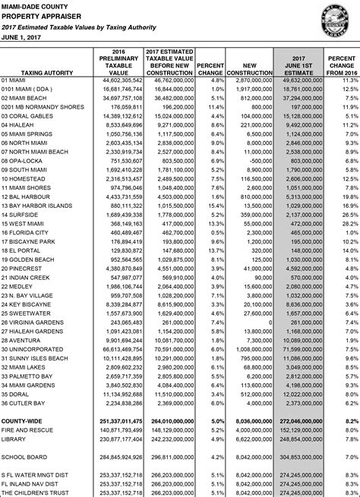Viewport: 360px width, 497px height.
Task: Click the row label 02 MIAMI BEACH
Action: tap(28, 98)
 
